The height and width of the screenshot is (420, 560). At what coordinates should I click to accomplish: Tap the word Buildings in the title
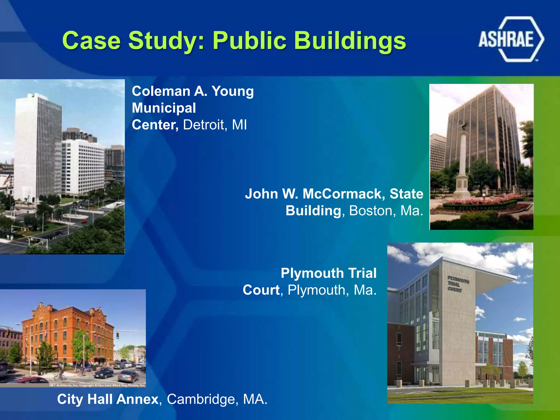click(x=350, y=41)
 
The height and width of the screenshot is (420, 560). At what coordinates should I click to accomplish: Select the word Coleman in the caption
click(x=161, y=91)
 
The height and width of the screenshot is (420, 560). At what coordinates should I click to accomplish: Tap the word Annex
click(x=137, y=399)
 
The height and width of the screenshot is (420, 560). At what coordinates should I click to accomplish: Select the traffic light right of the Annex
click(x=118, y=336)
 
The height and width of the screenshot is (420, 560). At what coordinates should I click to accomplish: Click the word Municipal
click(x=164, y=108)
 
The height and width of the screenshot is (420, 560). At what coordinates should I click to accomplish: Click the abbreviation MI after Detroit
click(x=239, y=125)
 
